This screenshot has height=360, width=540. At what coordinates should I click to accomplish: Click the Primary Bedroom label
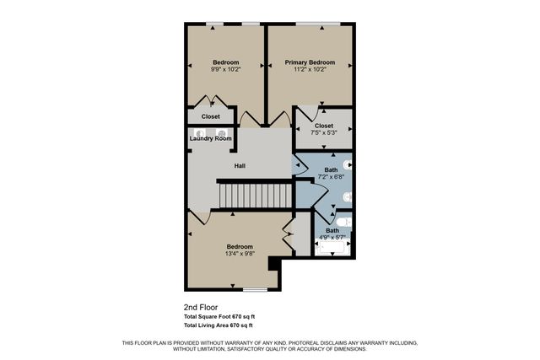pos(310,62)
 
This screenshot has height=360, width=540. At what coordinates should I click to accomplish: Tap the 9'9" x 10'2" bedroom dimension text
pos(225,70)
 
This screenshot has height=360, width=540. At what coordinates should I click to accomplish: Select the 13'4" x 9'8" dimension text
pos(239,254)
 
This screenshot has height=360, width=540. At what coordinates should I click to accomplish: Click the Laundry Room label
pos(210,138)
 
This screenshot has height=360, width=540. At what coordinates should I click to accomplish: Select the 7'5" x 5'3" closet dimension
pos(323,132)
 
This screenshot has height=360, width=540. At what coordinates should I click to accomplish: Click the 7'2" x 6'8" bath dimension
pos(331,177)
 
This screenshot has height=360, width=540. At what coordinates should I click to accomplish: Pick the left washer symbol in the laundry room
pos(201,132)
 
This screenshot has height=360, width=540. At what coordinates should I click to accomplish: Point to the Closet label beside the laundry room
pos(210,116)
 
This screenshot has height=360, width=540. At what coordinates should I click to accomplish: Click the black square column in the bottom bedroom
pos(273,264)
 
